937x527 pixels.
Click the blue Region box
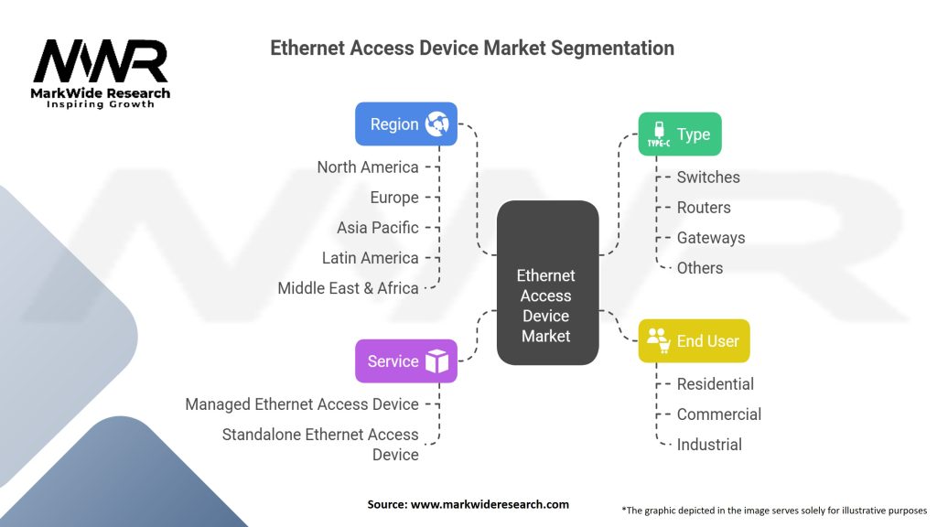pyautogui.click(x=406, y=124)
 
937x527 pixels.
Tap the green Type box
pyautogui.click(x=680, y=134)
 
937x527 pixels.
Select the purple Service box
pyautogui.click(x=406, y=360)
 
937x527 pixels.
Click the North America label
pyautogui.click(x=368, y=167)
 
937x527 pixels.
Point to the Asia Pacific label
pyautogui.click(x=377, y=227)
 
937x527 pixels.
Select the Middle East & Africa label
pyautogui.click(x=348, y=287)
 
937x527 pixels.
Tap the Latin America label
pyautogui.click(x=370, y=257)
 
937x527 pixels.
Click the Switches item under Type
pyautogui.click(x=708, y=177)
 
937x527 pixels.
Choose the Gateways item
pyautogui.click(x=711, y=237)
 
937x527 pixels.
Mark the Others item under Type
pyautogui.click(x=700, y=267)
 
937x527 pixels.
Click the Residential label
pyautogui.click(x=716, y=383)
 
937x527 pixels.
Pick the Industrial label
pyautogui.click(x=709, y=444)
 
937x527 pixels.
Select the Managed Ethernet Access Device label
pyautogui.click(x=302, y=403)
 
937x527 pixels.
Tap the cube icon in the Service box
pyautogui.click(x=436, y=360)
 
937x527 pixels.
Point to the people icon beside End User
pyautogui.click(x=658, y=339)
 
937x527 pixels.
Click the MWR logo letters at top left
pyautogui.click(x=101, y=62)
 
